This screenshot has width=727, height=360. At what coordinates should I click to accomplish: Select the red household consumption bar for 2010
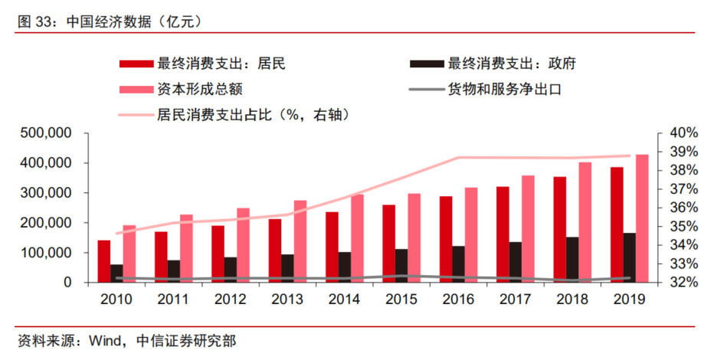tap(104, 261)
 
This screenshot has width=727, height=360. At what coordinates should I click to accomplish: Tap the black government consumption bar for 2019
tap(629, 257)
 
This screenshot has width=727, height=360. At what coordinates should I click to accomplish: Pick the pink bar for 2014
tap(357, 238)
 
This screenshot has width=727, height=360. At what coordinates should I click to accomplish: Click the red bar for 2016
tap(445, 239)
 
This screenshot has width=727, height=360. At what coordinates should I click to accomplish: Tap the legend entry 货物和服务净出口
tap(505, 89)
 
